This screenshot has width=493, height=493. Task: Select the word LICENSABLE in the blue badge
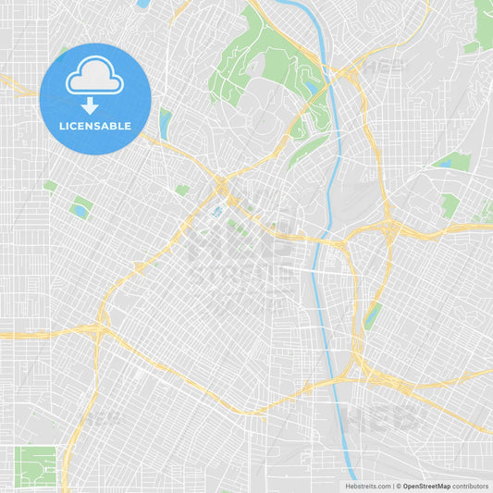(x=95, y=125)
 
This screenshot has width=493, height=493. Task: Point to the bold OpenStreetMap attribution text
(x=426, y=486)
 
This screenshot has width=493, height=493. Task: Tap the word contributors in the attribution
(x=471, y=486)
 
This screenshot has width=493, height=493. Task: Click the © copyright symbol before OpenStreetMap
(x=398, y=486)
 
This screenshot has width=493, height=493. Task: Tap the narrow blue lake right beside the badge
(x=166, y=122)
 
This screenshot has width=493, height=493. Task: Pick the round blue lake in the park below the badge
(x=80, y=211)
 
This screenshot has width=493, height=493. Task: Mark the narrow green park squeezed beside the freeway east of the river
(x=373, y=314)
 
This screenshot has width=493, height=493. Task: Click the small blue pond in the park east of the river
(x=445, y=164)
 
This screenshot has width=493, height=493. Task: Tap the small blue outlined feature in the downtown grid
(x=216, y=212)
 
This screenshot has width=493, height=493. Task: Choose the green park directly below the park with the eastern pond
(x=450, y=205)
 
